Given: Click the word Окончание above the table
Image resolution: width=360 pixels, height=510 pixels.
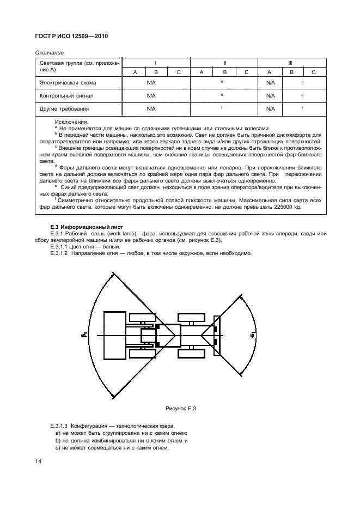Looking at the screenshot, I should tap(50, 52).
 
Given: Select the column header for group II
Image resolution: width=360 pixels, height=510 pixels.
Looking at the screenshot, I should tap(224, 63).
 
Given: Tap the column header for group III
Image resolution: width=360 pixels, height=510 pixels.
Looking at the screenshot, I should tap(290, 63).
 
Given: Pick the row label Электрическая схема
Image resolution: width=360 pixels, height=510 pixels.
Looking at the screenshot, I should tap(68, 83).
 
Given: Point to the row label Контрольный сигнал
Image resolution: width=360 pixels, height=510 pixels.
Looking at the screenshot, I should tap(66, 95).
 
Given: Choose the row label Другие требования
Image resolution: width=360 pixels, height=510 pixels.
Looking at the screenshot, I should tap(65, 108).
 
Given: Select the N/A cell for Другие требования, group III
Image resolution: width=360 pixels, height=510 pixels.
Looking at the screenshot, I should tap(269, 108).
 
